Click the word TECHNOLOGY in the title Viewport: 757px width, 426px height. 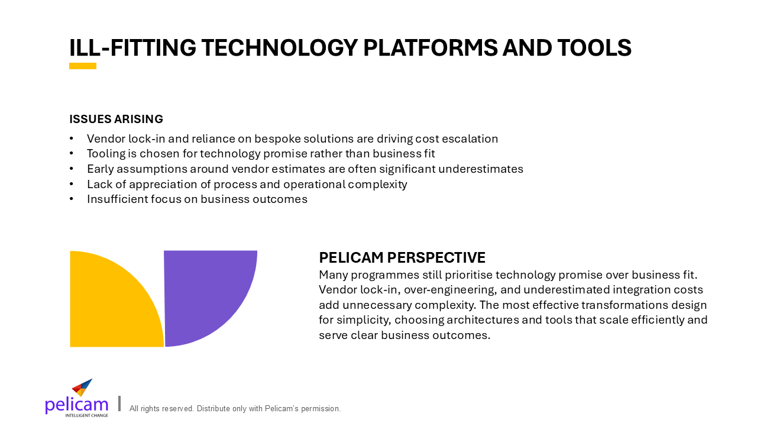tap(280, 48)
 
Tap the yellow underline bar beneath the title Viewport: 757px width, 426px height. tap(83, 66)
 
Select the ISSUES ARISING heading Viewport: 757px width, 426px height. tap(117, 119)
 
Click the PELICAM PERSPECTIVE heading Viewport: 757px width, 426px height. tap(402, 257)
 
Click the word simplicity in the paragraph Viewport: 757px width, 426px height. tap(364, 320)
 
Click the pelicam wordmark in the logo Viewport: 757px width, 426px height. tap(76, 405)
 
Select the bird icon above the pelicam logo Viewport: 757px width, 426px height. tap(82, 388)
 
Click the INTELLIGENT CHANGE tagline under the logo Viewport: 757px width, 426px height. tap(87, 415)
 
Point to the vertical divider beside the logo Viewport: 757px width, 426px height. tap(119, 404)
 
